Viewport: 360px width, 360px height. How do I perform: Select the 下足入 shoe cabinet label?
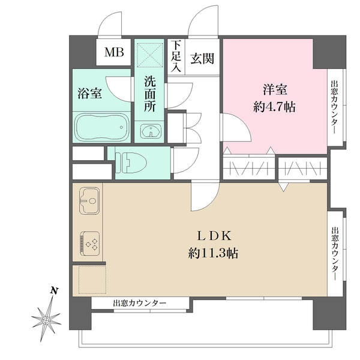pyautogui.click(x=175, y=56)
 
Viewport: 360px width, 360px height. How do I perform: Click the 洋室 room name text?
pyautogui.click(x=275, y=91)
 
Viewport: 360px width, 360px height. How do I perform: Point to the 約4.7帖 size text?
pyautogui.click(x=275, y=109)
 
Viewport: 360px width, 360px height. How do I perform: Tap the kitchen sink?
pyautogui.click(x=89, y=200)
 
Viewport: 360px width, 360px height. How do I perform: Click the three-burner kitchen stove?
pyautogui.click(x=89, y=244)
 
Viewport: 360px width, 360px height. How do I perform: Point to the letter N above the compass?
pyautogui.click(x=54, y=292)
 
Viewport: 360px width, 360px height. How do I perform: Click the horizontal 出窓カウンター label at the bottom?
pyautogui.click(x=140, y=304)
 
